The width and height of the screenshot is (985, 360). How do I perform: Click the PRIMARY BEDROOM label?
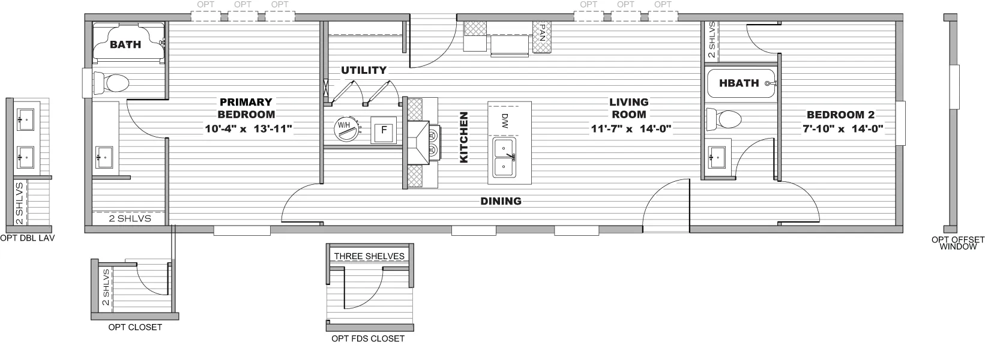pos(246,108)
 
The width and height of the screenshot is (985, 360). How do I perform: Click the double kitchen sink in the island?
pos(504,157)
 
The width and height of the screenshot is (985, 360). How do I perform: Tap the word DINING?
pos(501,201)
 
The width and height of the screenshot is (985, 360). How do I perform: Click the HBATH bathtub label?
pos(738,83)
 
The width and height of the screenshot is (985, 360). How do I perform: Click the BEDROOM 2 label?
pos(840,115)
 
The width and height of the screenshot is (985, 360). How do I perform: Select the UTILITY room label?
pos(364,70)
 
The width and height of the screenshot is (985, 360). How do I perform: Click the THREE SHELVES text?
pos(369,256)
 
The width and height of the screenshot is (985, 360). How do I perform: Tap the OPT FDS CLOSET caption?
pos(368,338)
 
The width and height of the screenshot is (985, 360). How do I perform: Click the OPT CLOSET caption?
pos(135,327)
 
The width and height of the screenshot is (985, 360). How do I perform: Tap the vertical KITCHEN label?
pos(463,137)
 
